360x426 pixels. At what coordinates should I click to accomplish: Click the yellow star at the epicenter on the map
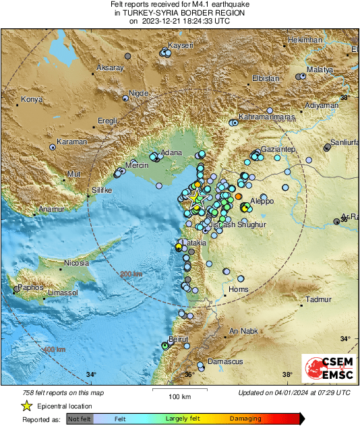coord(197,199)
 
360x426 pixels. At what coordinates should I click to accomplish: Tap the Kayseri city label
coord(181,45)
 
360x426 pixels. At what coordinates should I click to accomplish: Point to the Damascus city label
coord(225,361)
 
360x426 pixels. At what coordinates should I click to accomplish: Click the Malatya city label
coord(320,70)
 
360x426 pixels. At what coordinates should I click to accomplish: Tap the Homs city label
coord(239,289)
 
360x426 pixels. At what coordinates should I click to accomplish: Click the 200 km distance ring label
coord(131,274)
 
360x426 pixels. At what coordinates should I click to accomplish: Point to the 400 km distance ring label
coord(55,349)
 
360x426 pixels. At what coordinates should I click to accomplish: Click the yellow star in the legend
coord(26,406)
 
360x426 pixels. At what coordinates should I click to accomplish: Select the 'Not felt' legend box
coord(79,419)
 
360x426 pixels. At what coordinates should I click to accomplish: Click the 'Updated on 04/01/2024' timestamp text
coord(294,392)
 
